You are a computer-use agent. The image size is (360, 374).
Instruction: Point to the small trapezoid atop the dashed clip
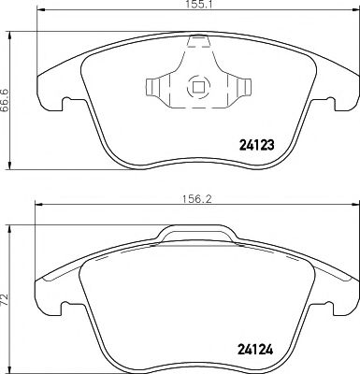197,42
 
